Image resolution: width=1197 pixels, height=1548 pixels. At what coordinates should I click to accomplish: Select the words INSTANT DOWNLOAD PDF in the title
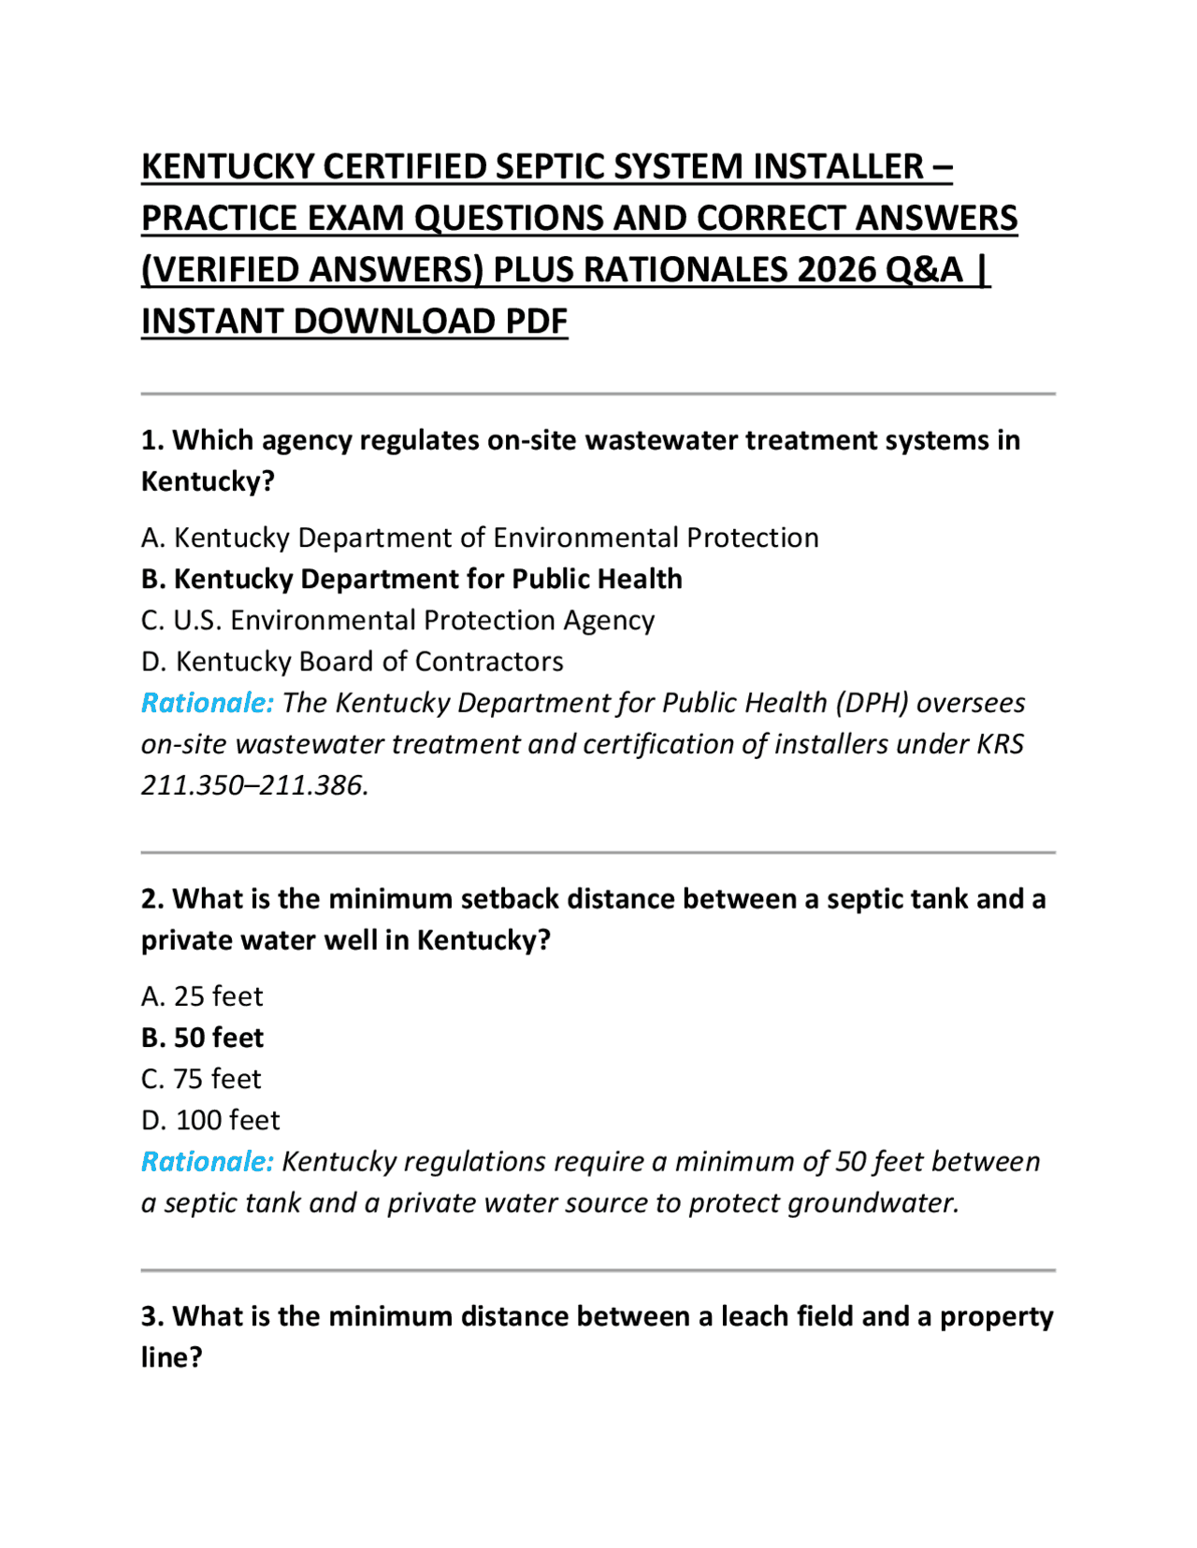pos(354,322)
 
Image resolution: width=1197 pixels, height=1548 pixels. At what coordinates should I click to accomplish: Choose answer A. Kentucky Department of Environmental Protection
pos(480,537)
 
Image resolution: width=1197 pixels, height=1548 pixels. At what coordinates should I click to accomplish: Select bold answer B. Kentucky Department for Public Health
pos(411,579)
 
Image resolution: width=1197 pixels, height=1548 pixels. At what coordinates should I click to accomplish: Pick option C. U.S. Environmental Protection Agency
pos(397,620)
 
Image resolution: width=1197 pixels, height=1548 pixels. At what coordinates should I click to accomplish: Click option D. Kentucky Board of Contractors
pos(352,661)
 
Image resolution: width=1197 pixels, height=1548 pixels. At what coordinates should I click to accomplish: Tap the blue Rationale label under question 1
pos(207,702)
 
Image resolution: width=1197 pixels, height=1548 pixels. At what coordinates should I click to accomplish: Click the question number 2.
pos(151,898)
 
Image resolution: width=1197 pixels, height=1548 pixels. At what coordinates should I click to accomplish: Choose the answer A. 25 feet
pos(202,996)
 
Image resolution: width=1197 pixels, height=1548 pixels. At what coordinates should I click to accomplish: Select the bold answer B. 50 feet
pos(202,1038)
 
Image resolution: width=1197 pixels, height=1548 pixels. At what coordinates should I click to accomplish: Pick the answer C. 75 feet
pos(201,1079)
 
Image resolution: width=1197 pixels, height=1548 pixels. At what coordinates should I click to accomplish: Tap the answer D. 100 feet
pos(210,1120)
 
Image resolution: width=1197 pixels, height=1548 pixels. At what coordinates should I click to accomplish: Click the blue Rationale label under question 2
pos(207,1161)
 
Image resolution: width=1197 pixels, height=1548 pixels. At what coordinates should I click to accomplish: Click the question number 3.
pos(151,1316)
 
